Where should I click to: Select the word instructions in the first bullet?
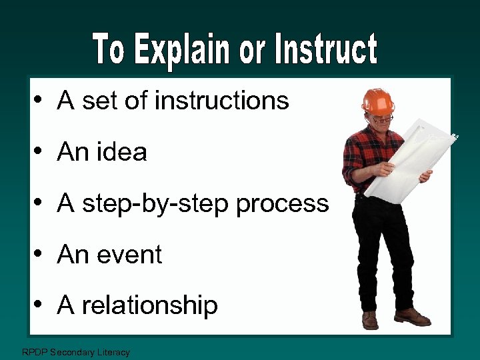221,101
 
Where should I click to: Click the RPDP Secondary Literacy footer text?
76,352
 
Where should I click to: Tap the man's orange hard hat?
378,101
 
